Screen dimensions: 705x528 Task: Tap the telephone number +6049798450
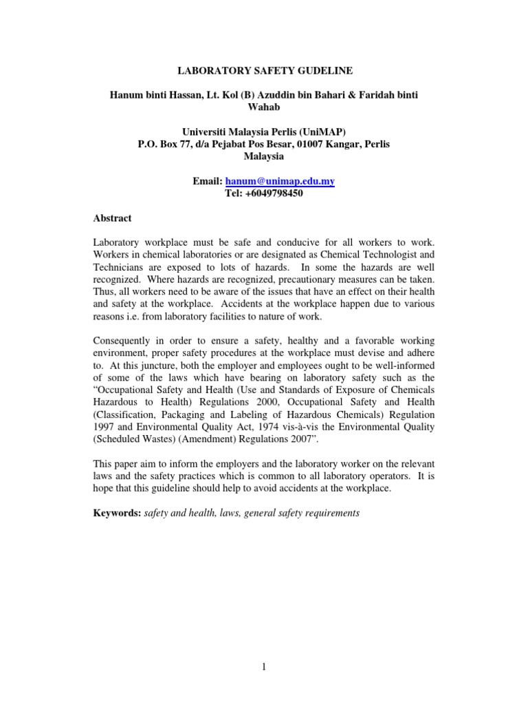point(274,193)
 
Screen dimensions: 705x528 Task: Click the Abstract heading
point(113,218)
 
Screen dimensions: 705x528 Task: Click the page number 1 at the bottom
point(264,666)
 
